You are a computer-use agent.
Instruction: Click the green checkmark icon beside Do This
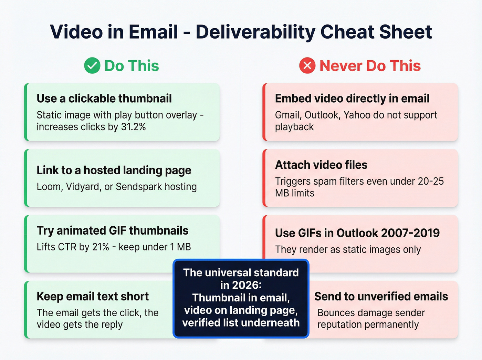pyautogui.click(x=92, y=65)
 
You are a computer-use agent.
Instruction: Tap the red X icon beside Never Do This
pyautogui.click(x=307, y=65)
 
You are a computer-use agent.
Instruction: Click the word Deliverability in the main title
pyautogui.click(x=255, y=32)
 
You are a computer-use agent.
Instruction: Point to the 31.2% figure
pyautogui.click(x=133, y=127)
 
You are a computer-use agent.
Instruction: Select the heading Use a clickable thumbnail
pyautogui.click(x=104, y=99)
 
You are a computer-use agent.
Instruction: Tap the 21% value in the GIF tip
pyautogui.click(x=101, y=247)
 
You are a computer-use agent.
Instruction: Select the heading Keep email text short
pyautogui.click(x=93, y=296)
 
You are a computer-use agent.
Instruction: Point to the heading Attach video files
pyautogui.click(x=321, y=165)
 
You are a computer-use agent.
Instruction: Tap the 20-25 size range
pyautogui.click(x=430, y=181)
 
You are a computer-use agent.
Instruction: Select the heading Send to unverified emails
pyautogui.click(x=381, y=296)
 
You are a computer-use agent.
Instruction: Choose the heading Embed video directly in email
pyautogui.click(x=352, y=99)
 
